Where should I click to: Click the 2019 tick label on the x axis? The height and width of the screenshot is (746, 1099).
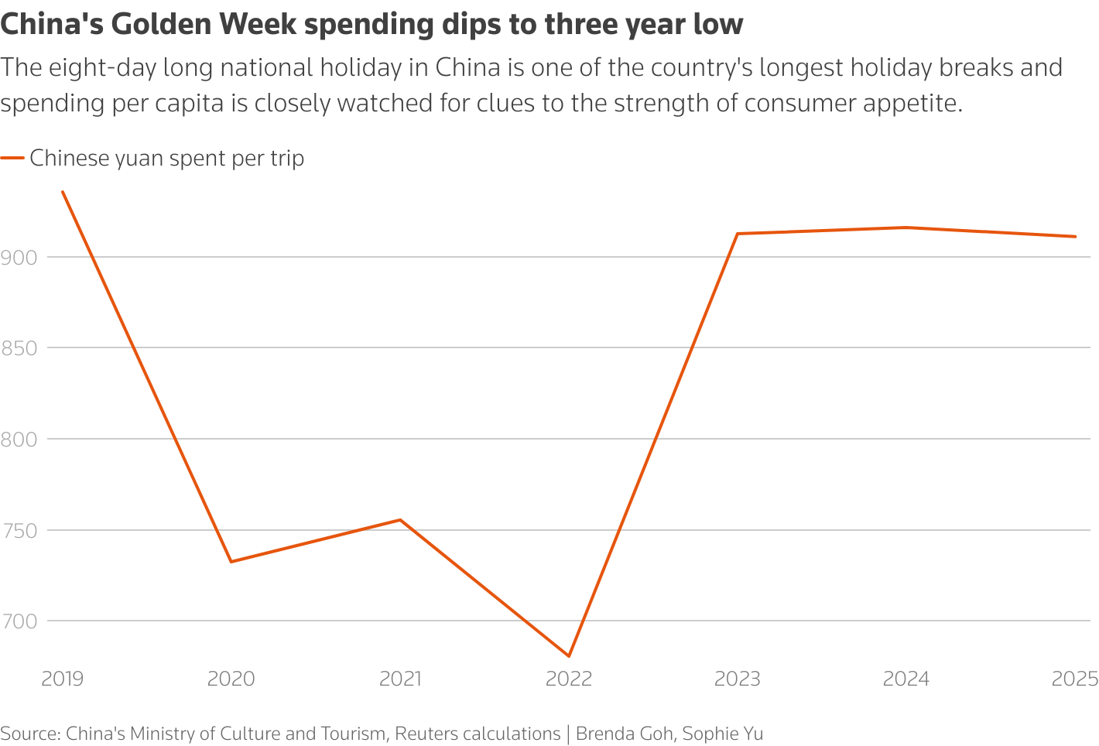click(62, 679)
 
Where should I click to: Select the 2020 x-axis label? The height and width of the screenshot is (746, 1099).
click(231, 679)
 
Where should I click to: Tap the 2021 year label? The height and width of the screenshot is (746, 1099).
click(400, 679)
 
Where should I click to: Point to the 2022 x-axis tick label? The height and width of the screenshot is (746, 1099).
click(569, 679)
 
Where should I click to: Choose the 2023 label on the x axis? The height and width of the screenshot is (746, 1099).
click(738, 679)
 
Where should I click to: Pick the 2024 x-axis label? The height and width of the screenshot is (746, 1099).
click(906, 679)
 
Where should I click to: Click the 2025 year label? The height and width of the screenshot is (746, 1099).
click(1075, 679)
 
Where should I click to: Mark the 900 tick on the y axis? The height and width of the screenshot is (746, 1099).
click(19, 257)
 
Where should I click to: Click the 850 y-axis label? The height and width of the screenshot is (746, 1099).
click(19, 348)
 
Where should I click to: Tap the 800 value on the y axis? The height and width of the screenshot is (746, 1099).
click(19, 440)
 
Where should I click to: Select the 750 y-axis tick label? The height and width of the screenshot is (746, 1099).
click(19, 531)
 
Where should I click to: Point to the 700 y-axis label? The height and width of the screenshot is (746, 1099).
click(19, 621)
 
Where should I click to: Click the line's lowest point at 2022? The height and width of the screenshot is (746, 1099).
click(569, 656)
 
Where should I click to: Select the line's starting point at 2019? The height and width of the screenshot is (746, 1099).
click(62, 191)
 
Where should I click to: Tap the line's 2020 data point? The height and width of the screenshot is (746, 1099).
click(231, 562)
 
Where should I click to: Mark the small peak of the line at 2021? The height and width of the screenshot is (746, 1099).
click(400, 519)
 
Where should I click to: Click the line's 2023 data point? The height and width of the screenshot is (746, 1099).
click(738, 234)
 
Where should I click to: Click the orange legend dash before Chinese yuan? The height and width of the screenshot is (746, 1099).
click(12, 159)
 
